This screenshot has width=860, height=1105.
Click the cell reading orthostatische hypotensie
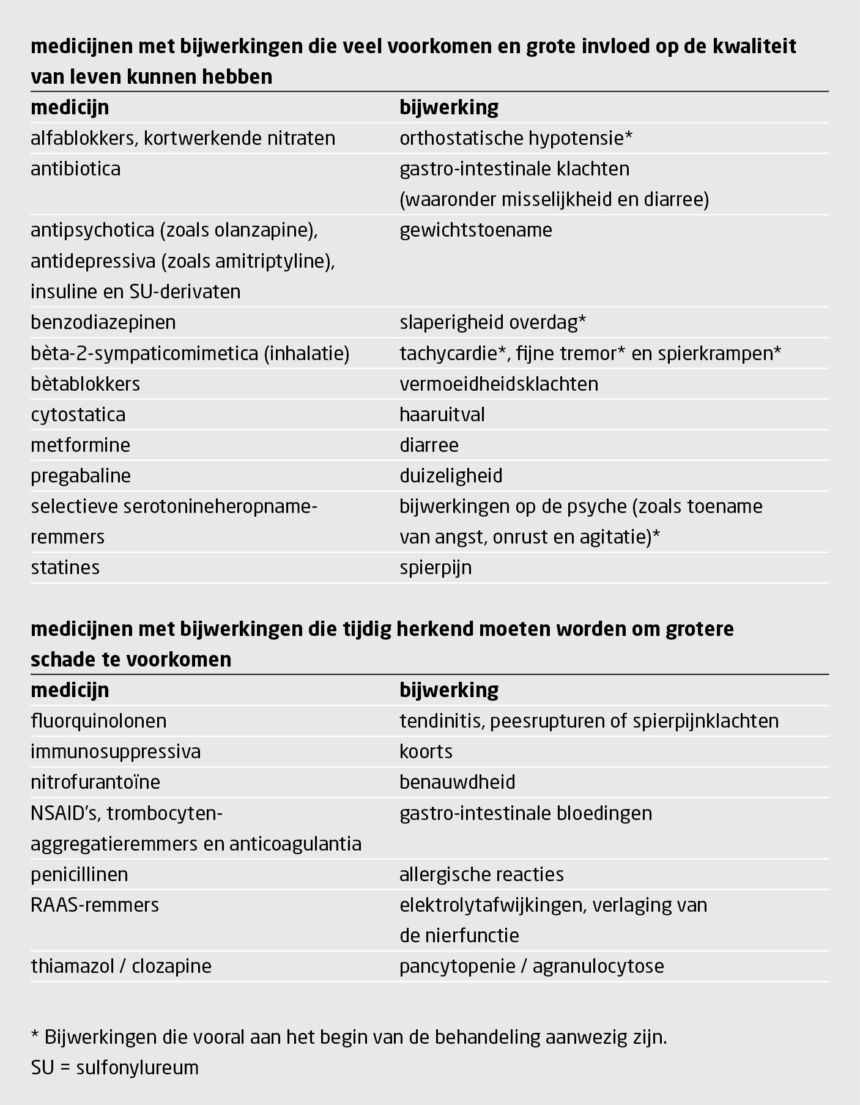[x=516, y=138]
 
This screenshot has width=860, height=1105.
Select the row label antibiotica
[x=76, y=169]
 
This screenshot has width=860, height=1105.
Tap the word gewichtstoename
[x=476, y=231]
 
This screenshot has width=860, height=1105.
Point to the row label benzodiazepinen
[x=103, y=322]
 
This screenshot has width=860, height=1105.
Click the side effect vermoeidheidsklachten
[x=499, y=384]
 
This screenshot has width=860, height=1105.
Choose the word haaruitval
[x=442, y=415]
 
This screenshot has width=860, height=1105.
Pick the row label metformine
[x=81, y=445]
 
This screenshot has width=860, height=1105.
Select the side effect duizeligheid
[x=451, y=476]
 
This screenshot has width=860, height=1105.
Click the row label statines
[x=65, y=567]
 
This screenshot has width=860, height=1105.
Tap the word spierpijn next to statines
[x=436, y=567]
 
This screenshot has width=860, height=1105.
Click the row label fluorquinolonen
[x=98, y=721]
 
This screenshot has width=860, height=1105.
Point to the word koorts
[x=426, y=752]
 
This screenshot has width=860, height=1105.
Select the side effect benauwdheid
[x=458, y=782]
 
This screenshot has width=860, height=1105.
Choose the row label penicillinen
[x=80, y=874]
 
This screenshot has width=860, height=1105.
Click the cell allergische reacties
[x=482, y=874]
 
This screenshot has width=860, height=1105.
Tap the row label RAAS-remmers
[x=95, y=905]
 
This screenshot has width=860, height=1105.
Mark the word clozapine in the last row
[x=172, y=966]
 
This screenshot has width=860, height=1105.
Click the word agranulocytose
[x=598, y=966]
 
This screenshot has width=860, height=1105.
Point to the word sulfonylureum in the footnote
[x=138, y=1068]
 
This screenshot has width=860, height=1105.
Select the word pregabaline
[x=81, y=476]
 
